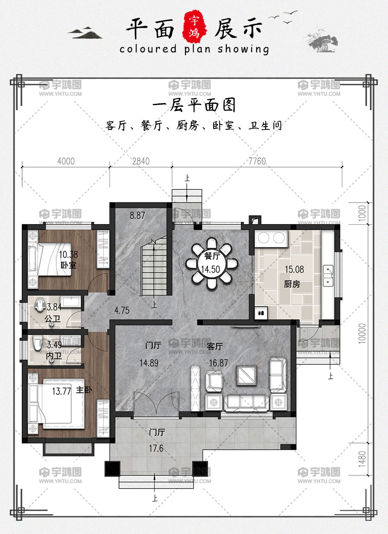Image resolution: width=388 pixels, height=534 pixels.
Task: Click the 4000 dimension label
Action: point(66,161)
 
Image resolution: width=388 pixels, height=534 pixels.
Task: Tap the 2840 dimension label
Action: point(141,161)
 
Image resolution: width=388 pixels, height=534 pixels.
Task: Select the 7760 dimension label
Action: point(257,161)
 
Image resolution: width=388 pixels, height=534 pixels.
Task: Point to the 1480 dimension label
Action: point(362,459)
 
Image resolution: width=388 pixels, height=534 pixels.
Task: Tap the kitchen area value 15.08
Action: point(294,269)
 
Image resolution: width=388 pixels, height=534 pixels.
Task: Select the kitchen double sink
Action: point(328,276)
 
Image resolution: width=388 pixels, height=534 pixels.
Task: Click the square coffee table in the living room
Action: point(246,375)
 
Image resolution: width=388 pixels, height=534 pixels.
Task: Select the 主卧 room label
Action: point(84,390)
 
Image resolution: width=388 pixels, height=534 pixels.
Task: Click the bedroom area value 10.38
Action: point(69,254)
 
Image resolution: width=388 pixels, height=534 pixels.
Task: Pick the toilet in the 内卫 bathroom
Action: point(37,343)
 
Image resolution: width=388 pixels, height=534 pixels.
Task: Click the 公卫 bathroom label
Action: point(52,319)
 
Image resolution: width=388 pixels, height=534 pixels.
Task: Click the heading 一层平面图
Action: point(194,105)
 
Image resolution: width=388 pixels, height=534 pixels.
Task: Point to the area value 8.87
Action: point(137,215)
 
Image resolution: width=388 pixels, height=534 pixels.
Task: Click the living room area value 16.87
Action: point(219,363)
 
